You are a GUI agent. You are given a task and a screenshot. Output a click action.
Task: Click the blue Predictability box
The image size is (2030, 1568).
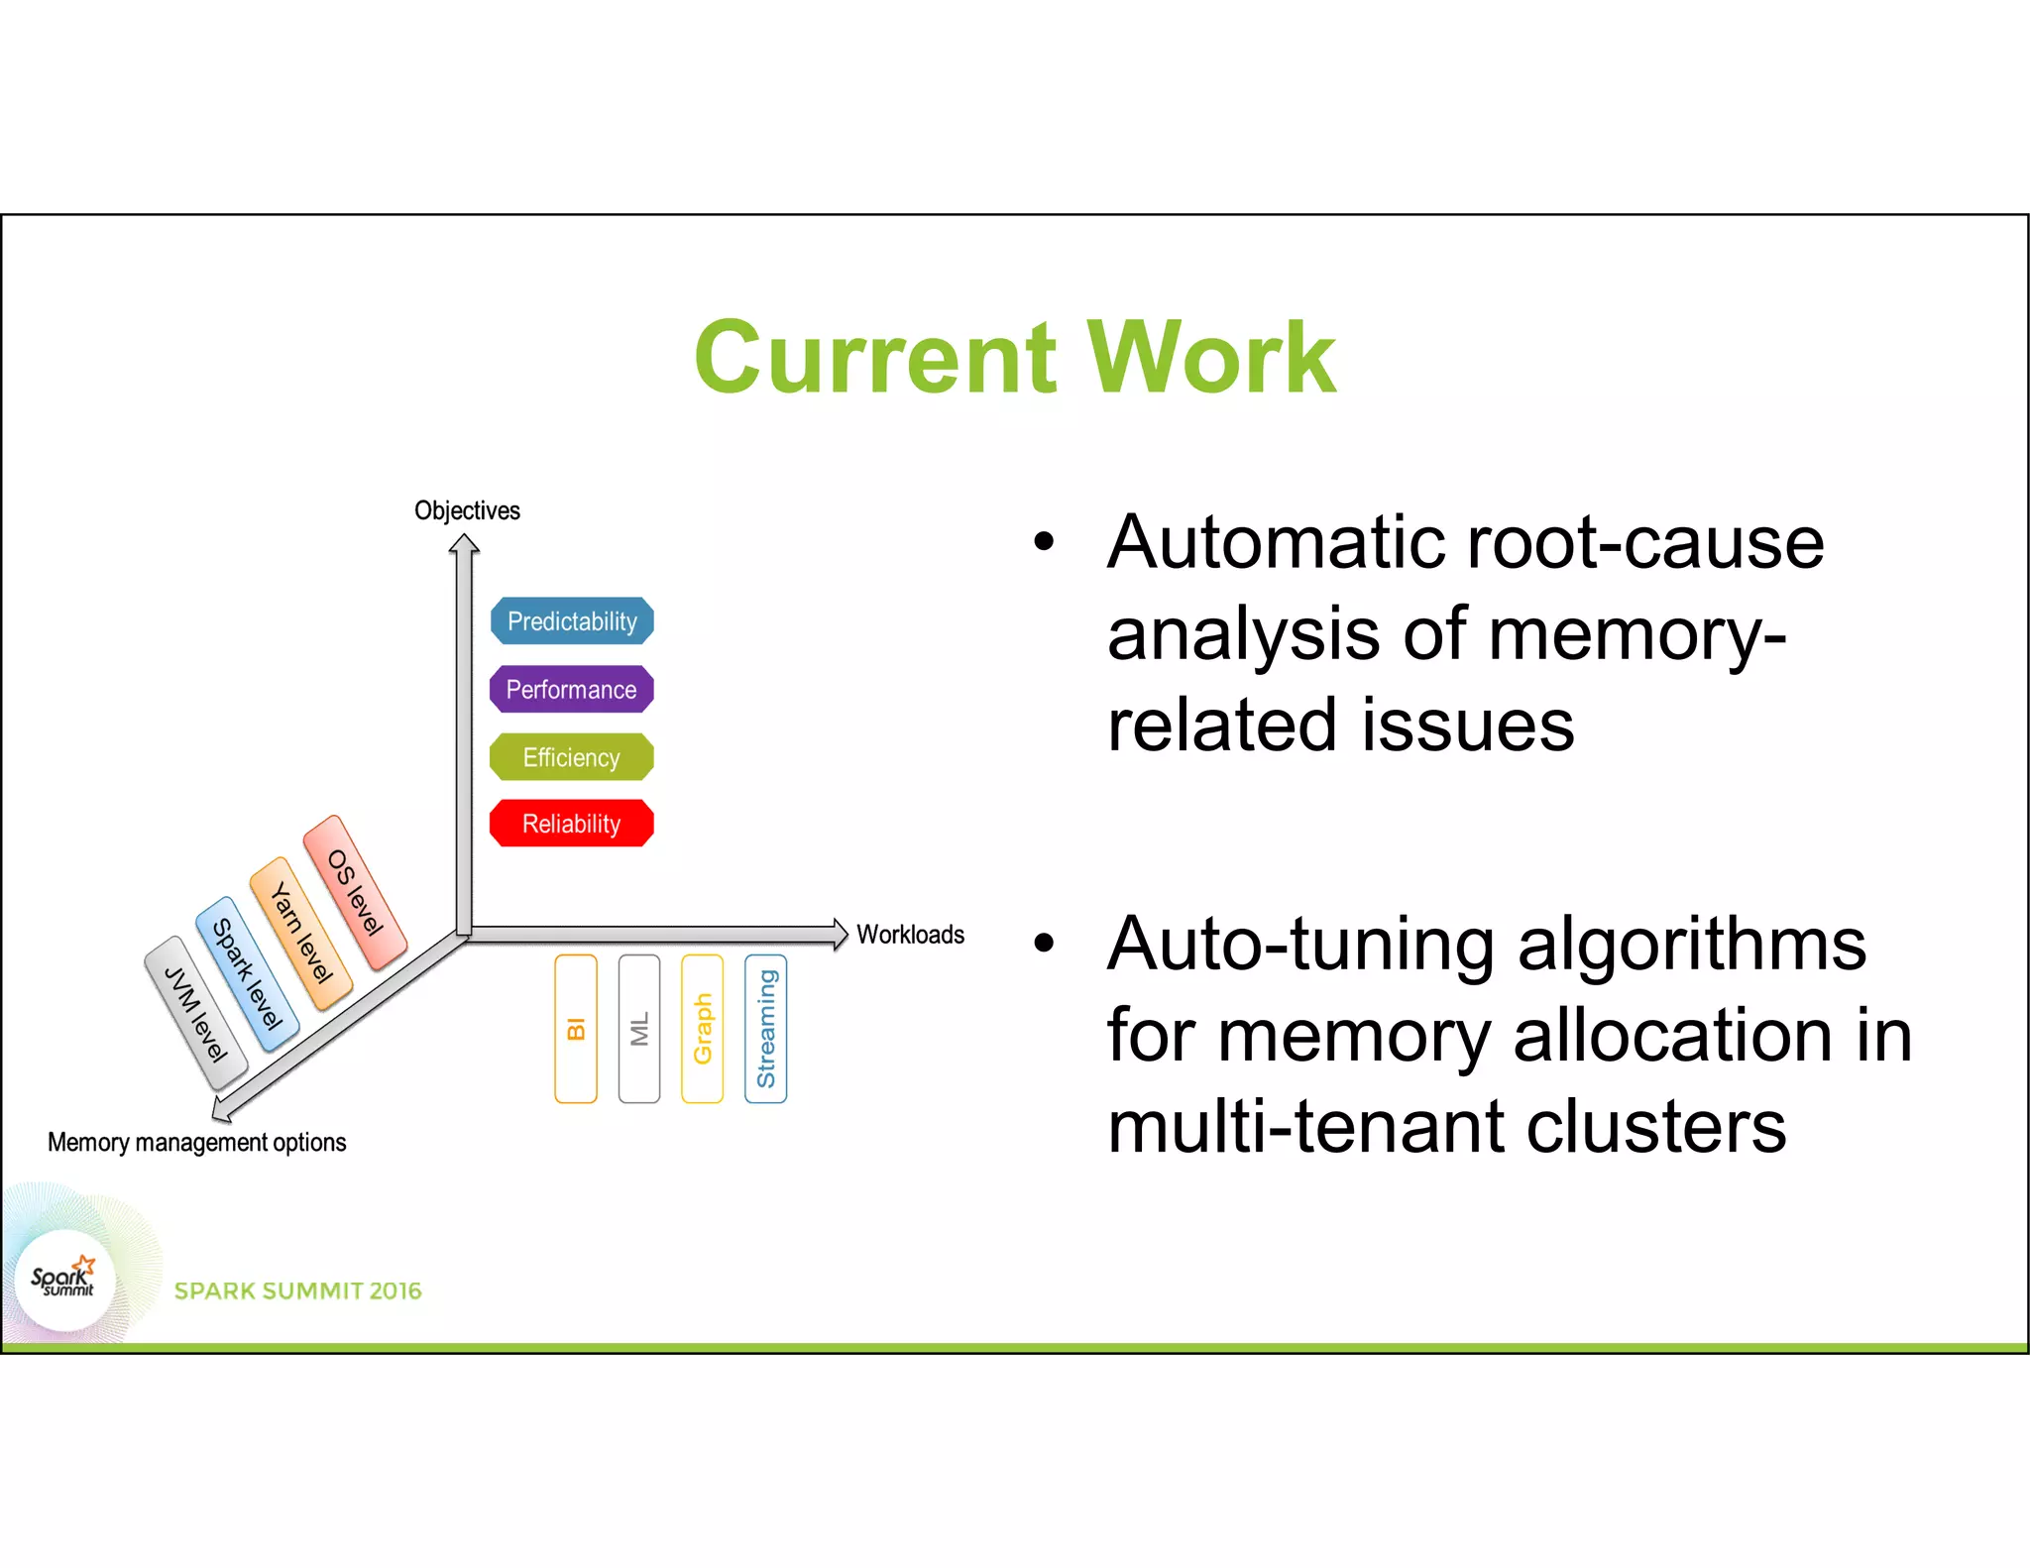click(572, 621)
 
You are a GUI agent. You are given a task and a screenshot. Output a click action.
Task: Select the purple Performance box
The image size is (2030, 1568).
click(572, 690)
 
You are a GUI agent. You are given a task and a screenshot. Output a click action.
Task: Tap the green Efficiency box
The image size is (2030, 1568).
click(572, 757)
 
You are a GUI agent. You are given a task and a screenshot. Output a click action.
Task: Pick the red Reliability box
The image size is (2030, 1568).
click(572, 824)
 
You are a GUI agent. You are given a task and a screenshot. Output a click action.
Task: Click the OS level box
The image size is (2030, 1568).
click(355, 892)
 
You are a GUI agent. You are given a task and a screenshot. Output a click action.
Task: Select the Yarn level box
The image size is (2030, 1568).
click(301, 934)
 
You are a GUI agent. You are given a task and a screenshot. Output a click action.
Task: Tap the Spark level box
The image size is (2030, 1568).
click(248, 974)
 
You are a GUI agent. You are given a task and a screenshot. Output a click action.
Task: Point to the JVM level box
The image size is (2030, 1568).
click(195, 1014)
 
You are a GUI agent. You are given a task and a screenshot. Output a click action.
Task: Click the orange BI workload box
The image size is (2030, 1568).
click(576, 1029)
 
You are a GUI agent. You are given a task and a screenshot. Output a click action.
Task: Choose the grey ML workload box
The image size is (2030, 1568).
click(639, 1029)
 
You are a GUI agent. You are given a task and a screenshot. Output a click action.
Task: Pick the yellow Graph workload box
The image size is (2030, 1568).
click(703, 1029)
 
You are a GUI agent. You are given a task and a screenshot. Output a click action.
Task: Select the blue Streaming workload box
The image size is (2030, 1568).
click(766, 1029)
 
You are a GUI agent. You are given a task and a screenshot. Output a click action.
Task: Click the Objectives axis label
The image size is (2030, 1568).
click(467, 510)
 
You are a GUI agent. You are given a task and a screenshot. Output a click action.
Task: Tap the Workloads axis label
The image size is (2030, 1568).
click(910, 935)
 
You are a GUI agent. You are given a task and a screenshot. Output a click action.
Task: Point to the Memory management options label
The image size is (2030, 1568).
click(197, 1143)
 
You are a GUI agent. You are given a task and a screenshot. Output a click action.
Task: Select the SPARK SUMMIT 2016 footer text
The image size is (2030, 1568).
click(297, 1290)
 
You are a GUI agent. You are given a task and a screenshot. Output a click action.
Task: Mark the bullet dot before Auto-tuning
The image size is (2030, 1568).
click(1044, 943)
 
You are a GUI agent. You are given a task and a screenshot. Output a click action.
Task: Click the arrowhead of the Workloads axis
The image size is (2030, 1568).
click(840, 934)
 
